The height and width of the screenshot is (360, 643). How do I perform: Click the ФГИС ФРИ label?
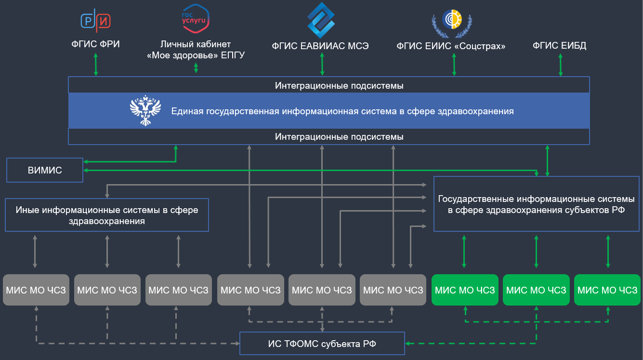pyautogui.click(x=95, y=45)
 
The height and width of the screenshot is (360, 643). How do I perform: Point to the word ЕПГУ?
pyautogui.click(x=233, y=55)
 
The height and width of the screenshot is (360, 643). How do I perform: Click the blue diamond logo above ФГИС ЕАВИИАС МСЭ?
pyautogui.click(x=321, y=20)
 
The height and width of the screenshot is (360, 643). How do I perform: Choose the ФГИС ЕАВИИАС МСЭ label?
pyautogui.click(x=321, y=46)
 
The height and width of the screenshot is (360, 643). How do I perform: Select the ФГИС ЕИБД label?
pyautogui.click(x=559, y=46)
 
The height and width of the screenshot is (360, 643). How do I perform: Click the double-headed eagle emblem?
pyautogui.click(x=145, y=111)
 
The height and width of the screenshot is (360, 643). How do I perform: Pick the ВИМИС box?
pyautogui.click(x=45, y=171)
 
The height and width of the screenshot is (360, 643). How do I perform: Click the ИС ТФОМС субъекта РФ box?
pyautogui.click(x=322, y=344)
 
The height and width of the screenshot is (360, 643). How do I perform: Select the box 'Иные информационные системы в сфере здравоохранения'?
pyautogui.click(x=106, y=215)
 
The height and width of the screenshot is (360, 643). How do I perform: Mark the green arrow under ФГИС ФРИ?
pyautogui.click(x=96, y=64)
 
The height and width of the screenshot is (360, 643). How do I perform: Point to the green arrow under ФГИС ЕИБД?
pyautogui.click(x=560, y=64)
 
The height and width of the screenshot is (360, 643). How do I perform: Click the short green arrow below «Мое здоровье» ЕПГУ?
pyautogui.click(x=196, y=68)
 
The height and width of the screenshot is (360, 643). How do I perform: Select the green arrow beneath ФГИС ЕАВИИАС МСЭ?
pyautogui.click(x=321, y=64)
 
